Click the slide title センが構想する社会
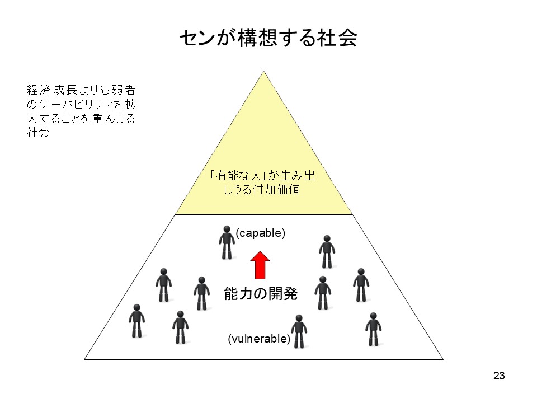268,38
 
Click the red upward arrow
260,265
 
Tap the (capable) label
260,233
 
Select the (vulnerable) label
259,339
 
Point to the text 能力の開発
261,294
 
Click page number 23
499,376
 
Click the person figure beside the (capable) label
227,242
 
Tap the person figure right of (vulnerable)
299,331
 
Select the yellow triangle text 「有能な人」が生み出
263,175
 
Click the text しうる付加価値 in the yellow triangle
262,189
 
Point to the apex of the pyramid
263,71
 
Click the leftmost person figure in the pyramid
136,321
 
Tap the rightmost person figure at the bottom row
373,329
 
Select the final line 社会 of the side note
38,133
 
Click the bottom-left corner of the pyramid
84,359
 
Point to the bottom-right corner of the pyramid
443,359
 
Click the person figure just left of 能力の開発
202,293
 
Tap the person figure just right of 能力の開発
323,293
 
